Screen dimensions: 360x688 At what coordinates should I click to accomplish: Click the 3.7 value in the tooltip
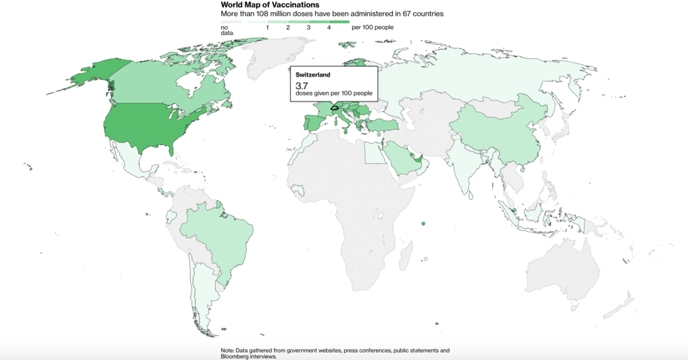pyautogui.click(x=302, y=86)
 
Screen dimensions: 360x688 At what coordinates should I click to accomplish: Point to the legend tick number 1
pyautogui.click(x=268, y=28)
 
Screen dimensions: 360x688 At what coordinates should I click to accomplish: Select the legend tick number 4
pyautogui.click(x=329, y=28)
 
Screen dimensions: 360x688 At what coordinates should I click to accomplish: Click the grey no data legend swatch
pyautogui.click(x=230, y=22)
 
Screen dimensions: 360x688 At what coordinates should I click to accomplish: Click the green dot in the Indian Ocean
pyautogui.click(x=423, y=224)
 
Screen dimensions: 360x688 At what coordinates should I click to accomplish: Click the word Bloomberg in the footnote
pyautogui.click(x=238, y=357)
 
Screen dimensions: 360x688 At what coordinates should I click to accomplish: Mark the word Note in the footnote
pyautogui.click(x=227, y=351)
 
